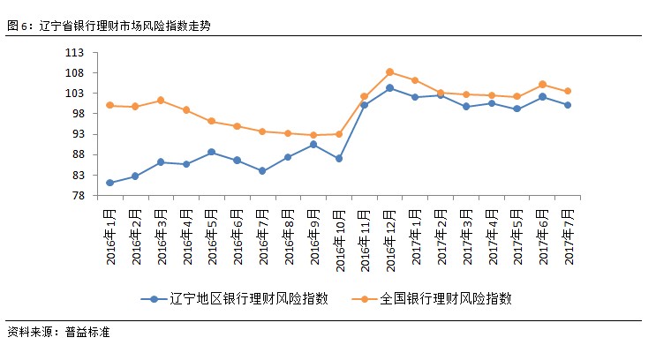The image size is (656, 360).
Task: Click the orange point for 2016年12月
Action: pos(389,72)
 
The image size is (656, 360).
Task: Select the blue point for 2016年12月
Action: pos(389,88)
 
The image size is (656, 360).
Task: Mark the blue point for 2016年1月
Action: pos(109,183)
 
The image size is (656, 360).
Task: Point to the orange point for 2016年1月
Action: pos(109,105)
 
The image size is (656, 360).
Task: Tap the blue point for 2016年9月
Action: pos(313,145)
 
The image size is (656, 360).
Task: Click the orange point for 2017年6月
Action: pos(542,85)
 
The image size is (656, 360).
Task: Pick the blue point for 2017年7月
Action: pos(568,105)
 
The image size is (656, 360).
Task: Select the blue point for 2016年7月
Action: pos(262,170)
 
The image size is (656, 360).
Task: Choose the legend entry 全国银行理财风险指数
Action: pos(445,298)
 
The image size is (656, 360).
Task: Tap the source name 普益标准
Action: pos(87,333)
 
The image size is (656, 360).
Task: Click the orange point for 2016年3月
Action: pos(161,101)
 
